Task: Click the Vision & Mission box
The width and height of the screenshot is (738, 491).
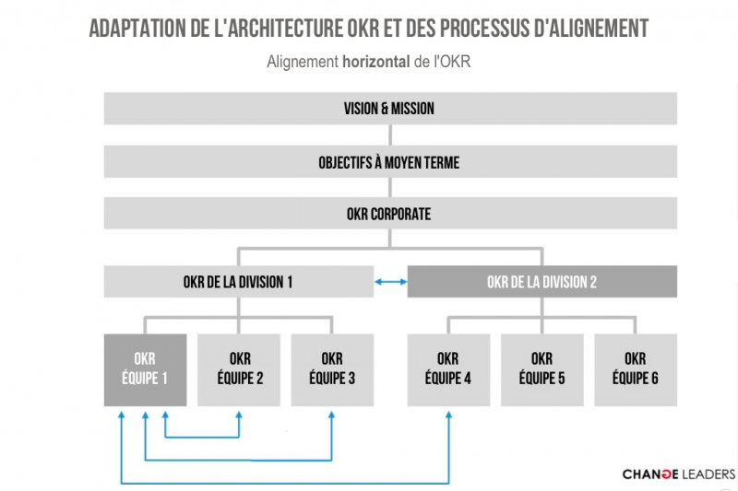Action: pyautogui.click(x=390, y=109)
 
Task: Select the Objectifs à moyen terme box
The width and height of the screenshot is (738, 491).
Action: pyautogui.click(x=390, y=161)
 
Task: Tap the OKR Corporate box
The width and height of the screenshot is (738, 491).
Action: pyautogui.click(x=390, y=214)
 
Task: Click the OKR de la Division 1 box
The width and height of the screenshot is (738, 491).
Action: pyautogui.click(x=239, y=282)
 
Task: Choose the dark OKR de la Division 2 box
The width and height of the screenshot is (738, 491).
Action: pyautogui.click(x=542, y=282)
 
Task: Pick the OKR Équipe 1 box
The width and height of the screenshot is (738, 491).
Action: pyautogui.click(x=146, y=369)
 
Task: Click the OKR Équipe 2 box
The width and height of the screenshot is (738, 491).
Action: pyautogui.click(x=239, y=369)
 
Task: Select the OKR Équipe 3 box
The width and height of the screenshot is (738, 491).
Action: pyautogui.click(x=332, y=369)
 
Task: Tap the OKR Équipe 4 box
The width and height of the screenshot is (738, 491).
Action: pyautogui.click(x=448, y=369)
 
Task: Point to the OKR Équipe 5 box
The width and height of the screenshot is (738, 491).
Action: pyautogui.click(x=542, y=369)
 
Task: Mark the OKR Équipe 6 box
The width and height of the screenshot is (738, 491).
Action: pyautogui.click(x=636, y=369)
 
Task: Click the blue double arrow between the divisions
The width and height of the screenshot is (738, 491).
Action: pyautogui.click(x=390, y=282)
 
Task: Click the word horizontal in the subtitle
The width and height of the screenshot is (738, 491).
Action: pyautogui.click(x=376, y=62)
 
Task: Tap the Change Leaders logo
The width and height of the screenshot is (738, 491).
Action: pyautogui.click(x=679, y=474)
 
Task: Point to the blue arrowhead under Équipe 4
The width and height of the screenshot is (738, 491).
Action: pyautogui.click(x=448, y=415)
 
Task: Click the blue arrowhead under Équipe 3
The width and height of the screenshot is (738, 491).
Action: pyautogui.click(x=332, y=415)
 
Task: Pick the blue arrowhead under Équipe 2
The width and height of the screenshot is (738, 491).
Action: pyautogui.click(x=239, y=415)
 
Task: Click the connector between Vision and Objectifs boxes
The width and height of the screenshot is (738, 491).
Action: pyautogui.click(x=390, y=135)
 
